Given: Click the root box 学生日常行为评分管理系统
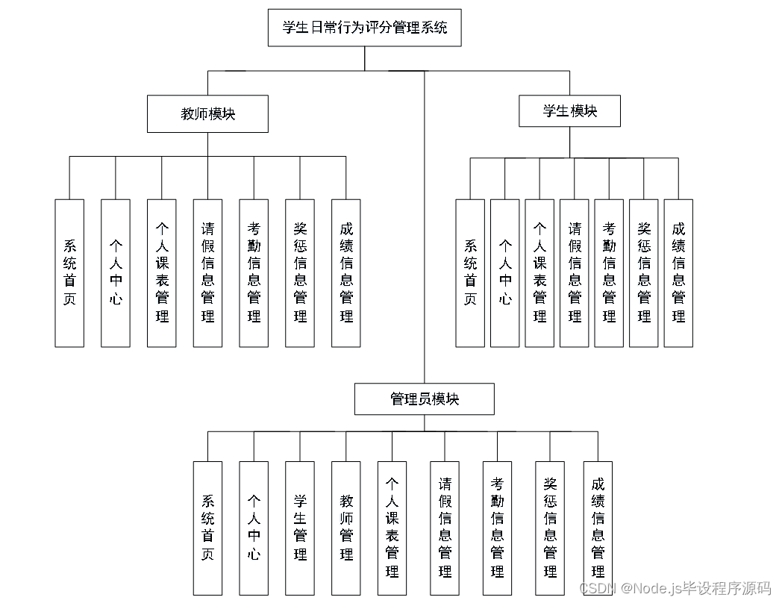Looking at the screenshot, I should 365,28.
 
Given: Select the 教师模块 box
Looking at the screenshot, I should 207,114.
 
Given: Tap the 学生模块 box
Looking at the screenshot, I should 569,112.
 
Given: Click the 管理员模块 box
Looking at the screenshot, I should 424,399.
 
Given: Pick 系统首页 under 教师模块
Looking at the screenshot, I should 69,273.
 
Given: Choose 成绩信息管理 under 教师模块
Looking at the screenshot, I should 346,273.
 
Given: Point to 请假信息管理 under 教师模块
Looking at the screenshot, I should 207,273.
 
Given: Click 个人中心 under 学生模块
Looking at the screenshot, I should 505,273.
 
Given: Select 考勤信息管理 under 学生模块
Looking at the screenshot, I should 609,273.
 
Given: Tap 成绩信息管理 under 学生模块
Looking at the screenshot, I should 678,273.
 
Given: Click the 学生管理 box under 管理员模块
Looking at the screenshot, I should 300,527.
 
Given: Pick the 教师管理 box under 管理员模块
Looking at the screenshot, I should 346,527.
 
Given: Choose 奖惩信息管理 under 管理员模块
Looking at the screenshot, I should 550,527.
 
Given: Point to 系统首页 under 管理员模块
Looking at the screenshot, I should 207,527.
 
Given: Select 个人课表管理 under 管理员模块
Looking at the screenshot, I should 392,527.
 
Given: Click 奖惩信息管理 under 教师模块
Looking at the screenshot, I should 300,273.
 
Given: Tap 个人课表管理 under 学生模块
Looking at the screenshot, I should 539,273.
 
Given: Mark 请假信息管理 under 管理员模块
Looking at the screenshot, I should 445,527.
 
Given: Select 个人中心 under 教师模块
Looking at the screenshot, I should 116,273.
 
